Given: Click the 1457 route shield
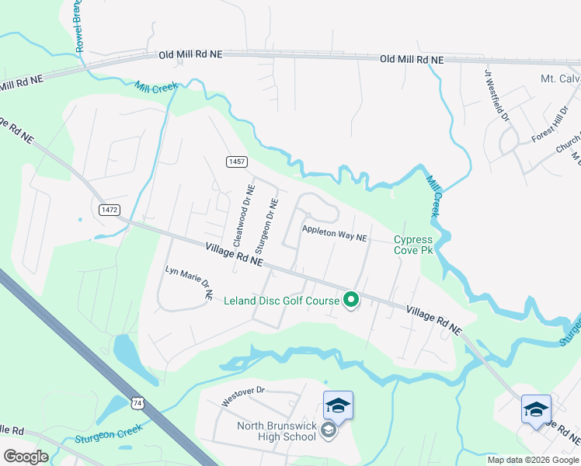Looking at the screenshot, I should [237, 162].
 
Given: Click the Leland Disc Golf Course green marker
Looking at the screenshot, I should [350, 299].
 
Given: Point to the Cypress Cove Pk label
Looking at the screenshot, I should [412, 245].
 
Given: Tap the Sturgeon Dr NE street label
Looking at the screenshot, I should [266, 226].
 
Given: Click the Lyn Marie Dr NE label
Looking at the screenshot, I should [189, 283].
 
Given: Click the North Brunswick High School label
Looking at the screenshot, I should [277, 431].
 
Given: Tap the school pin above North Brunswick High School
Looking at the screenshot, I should [338, 405].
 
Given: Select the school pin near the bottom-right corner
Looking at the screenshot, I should [536, 409].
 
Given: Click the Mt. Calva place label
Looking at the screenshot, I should [560, 79].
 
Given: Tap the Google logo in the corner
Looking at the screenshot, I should [26, 456].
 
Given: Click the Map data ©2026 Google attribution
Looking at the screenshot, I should [532, 460].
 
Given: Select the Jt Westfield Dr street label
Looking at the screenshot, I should [496, 97].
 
